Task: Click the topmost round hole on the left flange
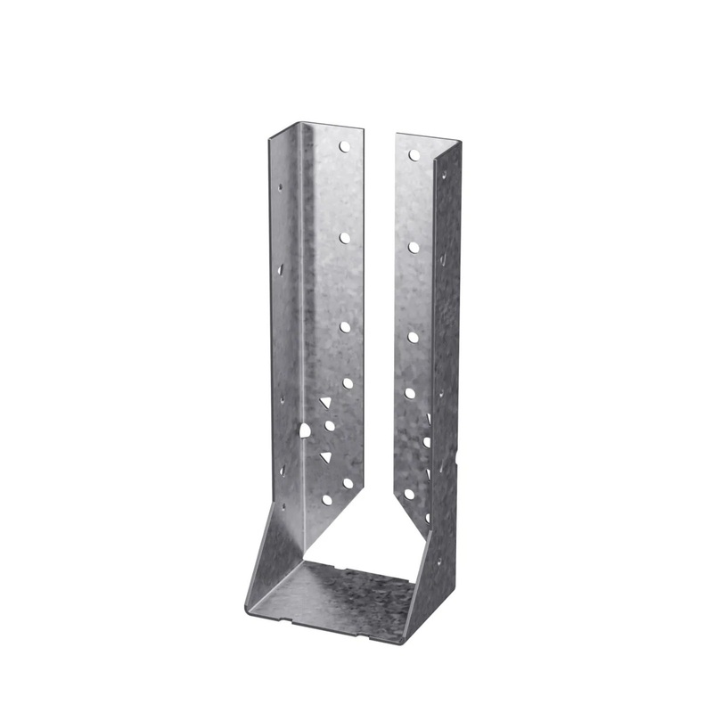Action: tap(344, 146)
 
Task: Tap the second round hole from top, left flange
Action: tap(344, 237)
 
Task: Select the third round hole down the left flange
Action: tap(345, 327)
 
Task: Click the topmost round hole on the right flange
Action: tap(414, 155)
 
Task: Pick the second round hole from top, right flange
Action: tap(414, 246)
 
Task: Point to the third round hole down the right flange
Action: tap(414, 337)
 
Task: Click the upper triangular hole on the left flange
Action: tap(325, 404)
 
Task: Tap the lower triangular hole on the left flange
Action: tap(326, 457)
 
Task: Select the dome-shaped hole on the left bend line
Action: tap(306, 430)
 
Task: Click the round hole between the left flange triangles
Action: tap(330, 426)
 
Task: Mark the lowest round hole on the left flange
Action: tap(327, 500)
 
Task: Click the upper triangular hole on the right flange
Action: tap(429, 418)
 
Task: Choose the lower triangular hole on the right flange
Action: tap(428, 473)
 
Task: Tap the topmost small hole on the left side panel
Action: tap(280, 189)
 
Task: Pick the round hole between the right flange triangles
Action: tap(426, 441)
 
